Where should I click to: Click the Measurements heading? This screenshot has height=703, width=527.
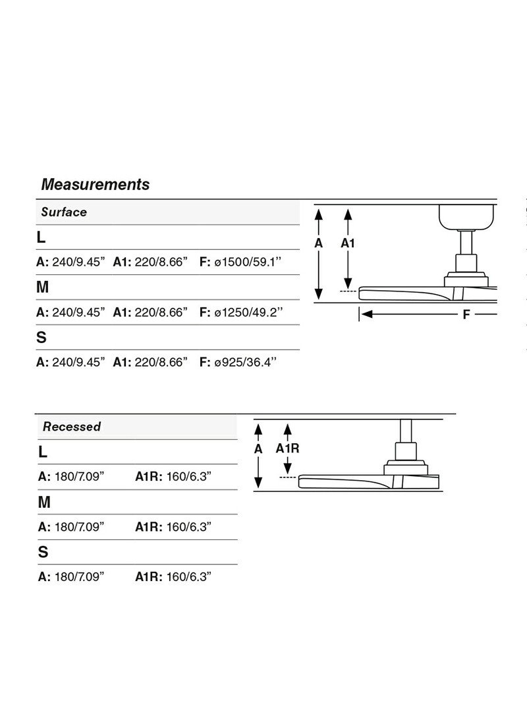click(95, 185)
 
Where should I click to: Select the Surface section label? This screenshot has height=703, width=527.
click(64, 212)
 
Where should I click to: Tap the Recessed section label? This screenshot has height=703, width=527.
click(72, 427)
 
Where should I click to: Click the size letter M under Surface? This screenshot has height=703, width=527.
click(43, 288)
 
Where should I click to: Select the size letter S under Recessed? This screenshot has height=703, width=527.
click(43, 552)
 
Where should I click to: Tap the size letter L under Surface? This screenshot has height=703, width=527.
click(42, 237)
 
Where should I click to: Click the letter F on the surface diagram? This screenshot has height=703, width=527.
click(466, 315)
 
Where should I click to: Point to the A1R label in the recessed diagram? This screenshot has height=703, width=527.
click(287, 448)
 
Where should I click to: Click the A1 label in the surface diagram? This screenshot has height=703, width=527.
click(348, 243)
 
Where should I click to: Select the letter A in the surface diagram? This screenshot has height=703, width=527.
click(318, 243)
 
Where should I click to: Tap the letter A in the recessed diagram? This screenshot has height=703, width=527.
click(258, 448)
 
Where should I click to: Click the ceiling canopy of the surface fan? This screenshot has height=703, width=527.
click(467, 216)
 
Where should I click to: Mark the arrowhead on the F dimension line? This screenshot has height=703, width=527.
click(367, 315)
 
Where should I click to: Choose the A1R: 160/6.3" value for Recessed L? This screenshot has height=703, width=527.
click(173, 476)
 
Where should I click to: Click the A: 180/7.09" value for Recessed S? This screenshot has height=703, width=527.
click(71, 576)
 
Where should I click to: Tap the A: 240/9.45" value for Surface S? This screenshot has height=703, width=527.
click(70, 362)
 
